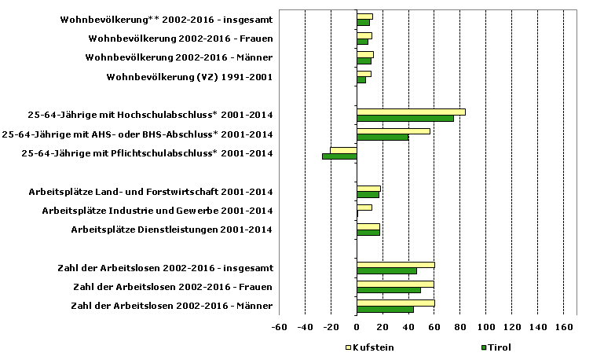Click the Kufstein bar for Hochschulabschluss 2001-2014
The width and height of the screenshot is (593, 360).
tap(411, 112)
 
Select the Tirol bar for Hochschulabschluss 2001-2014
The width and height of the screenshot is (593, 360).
tap(405, 119)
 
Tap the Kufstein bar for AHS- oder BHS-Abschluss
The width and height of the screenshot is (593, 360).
tap(394, 130)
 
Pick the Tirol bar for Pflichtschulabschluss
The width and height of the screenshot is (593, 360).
tap(339, 156)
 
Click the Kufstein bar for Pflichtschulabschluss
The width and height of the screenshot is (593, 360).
tap(343, 149)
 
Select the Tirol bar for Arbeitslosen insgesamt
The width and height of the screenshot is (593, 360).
tap(386, 271)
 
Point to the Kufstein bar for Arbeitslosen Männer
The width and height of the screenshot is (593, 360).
tap(395, 303)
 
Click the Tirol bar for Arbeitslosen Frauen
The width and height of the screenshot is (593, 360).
tap(388, 290)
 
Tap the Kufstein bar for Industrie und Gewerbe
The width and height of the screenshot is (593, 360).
tap(364, 208)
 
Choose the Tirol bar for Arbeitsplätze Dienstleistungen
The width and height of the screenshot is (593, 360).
tap(368, 233)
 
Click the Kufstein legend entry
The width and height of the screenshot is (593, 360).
tap(369, 347)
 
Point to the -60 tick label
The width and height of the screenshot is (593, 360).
tap(279, 327)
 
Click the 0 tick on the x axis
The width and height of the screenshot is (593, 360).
tap(357, 327)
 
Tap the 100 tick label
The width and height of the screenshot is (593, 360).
tap(485, 327)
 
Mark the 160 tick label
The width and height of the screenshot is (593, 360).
tap(563, 327)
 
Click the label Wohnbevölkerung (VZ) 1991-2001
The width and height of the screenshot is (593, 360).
tap(189, 77)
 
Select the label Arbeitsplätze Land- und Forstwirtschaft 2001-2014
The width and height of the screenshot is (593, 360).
tap(151, 191)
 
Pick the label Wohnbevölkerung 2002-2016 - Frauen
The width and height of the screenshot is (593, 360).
tap(181, 38)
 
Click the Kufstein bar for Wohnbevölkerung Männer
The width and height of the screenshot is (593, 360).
tap(364, 54)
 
